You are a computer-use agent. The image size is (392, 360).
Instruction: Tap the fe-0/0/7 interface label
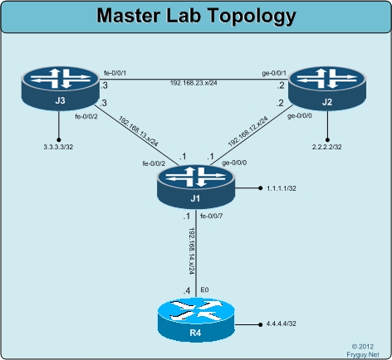(211, 216)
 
